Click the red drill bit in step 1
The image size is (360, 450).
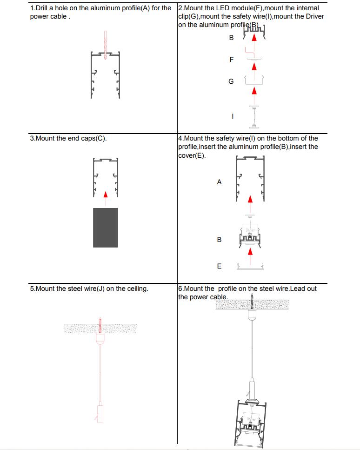coord(106,44)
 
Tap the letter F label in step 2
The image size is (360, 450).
coord(232,60)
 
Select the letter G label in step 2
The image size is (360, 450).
coord(231,81)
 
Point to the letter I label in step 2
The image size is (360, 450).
coord(232,116)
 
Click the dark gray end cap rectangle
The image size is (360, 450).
coord(106,228)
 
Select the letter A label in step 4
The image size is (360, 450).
coord(219,182)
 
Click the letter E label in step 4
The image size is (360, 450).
coord(220,266)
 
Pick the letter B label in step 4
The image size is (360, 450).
coord(219,240)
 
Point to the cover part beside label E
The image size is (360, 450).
coord(251,267)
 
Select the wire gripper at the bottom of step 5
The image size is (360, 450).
coord(99,412)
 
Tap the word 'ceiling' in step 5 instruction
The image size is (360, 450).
coord(135,289)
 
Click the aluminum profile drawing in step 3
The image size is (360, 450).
coord(106,176)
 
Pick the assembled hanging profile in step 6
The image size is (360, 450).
coord(251,421)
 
